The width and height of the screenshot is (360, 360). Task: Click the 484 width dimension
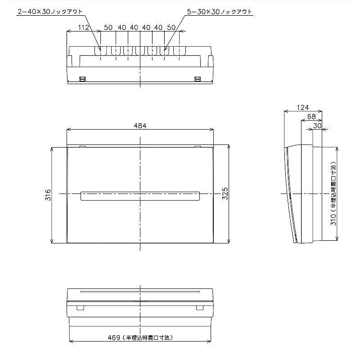tap(140, 126)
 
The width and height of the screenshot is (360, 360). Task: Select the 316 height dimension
tap(48, 195)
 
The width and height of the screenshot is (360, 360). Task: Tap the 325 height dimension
tap(225, 193)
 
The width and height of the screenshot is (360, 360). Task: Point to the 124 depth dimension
tap(302, 107)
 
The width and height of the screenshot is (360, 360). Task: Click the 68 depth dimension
tap(311, 117)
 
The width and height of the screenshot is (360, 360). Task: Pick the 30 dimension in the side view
tap(317, 126)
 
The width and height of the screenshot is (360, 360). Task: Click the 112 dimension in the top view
tap(83, 27)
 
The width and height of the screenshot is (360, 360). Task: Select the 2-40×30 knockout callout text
tap(50, 12)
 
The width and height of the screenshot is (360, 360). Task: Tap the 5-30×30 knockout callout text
tap(219, 12)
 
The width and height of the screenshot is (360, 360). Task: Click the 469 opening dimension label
tap(140, 338)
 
